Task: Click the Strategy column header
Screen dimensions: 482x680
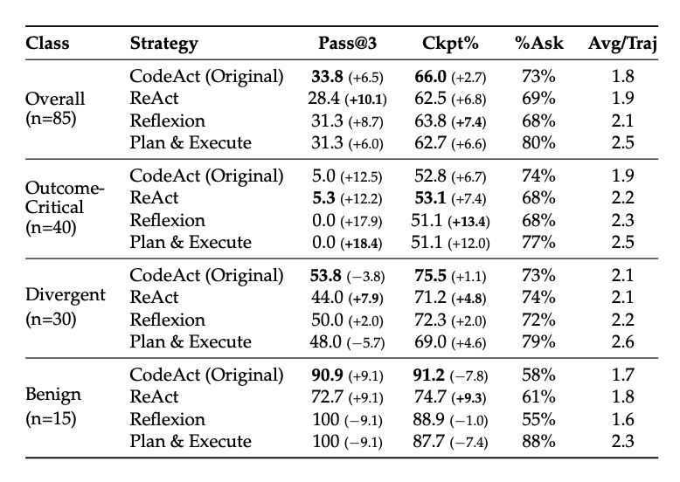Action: [163, 44]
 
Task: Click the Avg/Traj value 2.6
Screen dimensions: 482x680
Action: [623, 341]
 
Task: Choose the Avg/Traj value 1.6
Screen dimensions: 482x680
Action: [623, 419]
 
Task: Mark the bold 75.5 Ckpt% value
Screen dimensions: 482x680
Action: [429, 275]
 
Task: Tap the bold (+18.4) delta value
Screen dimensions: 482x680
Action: [369, 242]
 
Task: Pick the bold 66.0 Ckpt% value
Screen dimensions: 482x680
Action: [429, 76]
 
